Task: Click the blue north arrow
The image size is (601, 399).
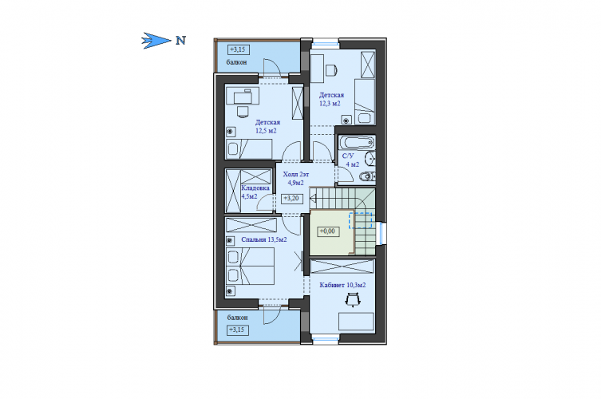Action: (156, 40)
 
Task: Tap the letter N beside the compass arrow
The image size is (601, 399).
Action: (181, 40)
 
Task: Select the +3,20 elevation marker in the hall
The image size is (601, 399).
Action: (292, 199)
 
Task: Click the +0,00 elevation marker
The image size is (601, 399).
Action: (328, 231)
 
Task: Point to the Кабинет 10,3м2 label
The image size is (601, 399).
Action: (342, 285)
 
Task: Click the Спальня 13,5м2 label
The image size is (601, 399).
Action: (264, 239)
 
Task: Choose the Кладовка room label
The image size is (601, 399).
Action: (255, 188)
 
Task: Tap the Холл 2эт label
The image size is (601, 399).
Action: (296, 175)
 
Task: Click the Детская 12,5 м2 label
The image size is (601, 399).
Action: (267, 127)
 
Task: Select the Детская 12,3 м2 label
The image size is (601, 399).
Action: (331, 99)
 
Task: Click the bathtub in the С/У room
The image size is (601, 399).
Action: (357, 143)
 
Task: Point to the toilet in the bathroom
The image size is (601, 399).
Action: (367, 176)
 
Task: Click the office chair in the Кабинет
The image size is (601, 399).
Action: (353, 299)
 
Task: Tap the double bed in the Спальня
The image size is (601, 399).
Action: (251, 266)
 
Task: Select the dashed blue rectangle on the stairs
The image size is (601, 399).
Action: (360, 221)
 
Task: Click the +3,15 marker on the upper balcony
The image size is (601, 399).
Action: (238, 49)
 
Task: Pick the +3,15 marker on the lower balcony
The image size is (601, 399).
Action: (237, 330)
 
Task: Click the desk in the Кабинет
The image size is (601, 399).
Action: (356, 321)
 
